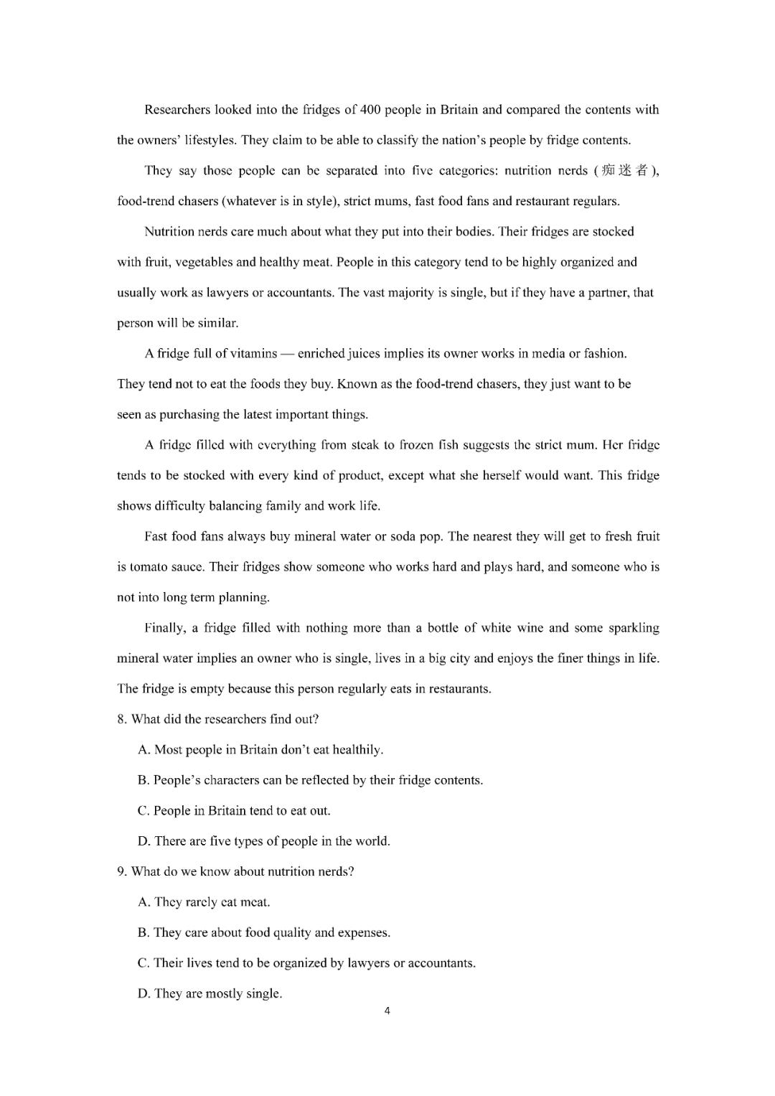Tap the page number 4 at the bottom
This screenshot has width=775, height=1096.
[387, 1011]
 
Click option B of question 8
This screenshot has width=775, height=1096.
[310, 780]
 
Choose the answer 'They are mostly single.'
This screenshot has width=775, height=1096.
[210, 993]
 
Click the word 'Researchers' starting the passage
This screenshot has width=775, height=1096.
[177, 110]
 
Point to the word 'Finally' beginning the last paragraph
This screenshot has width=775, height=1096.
[165, 628]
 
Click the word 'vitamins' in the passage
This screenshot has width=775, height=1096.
[254, 353]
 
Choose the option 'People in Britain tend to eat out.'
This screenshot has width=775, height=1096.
[234, 811]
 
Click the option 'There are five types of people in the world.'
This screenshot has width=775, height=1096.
[264, 841]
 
